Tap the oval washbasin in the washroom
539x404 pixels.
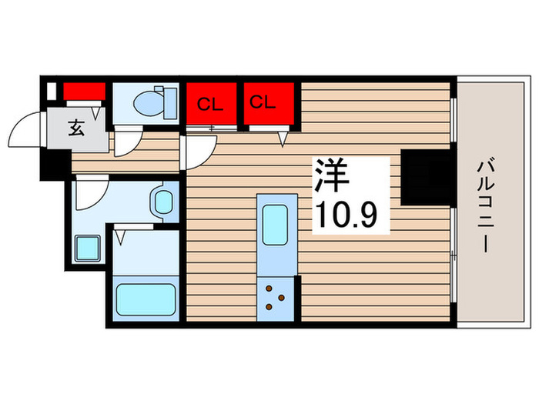coord(164,202)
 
